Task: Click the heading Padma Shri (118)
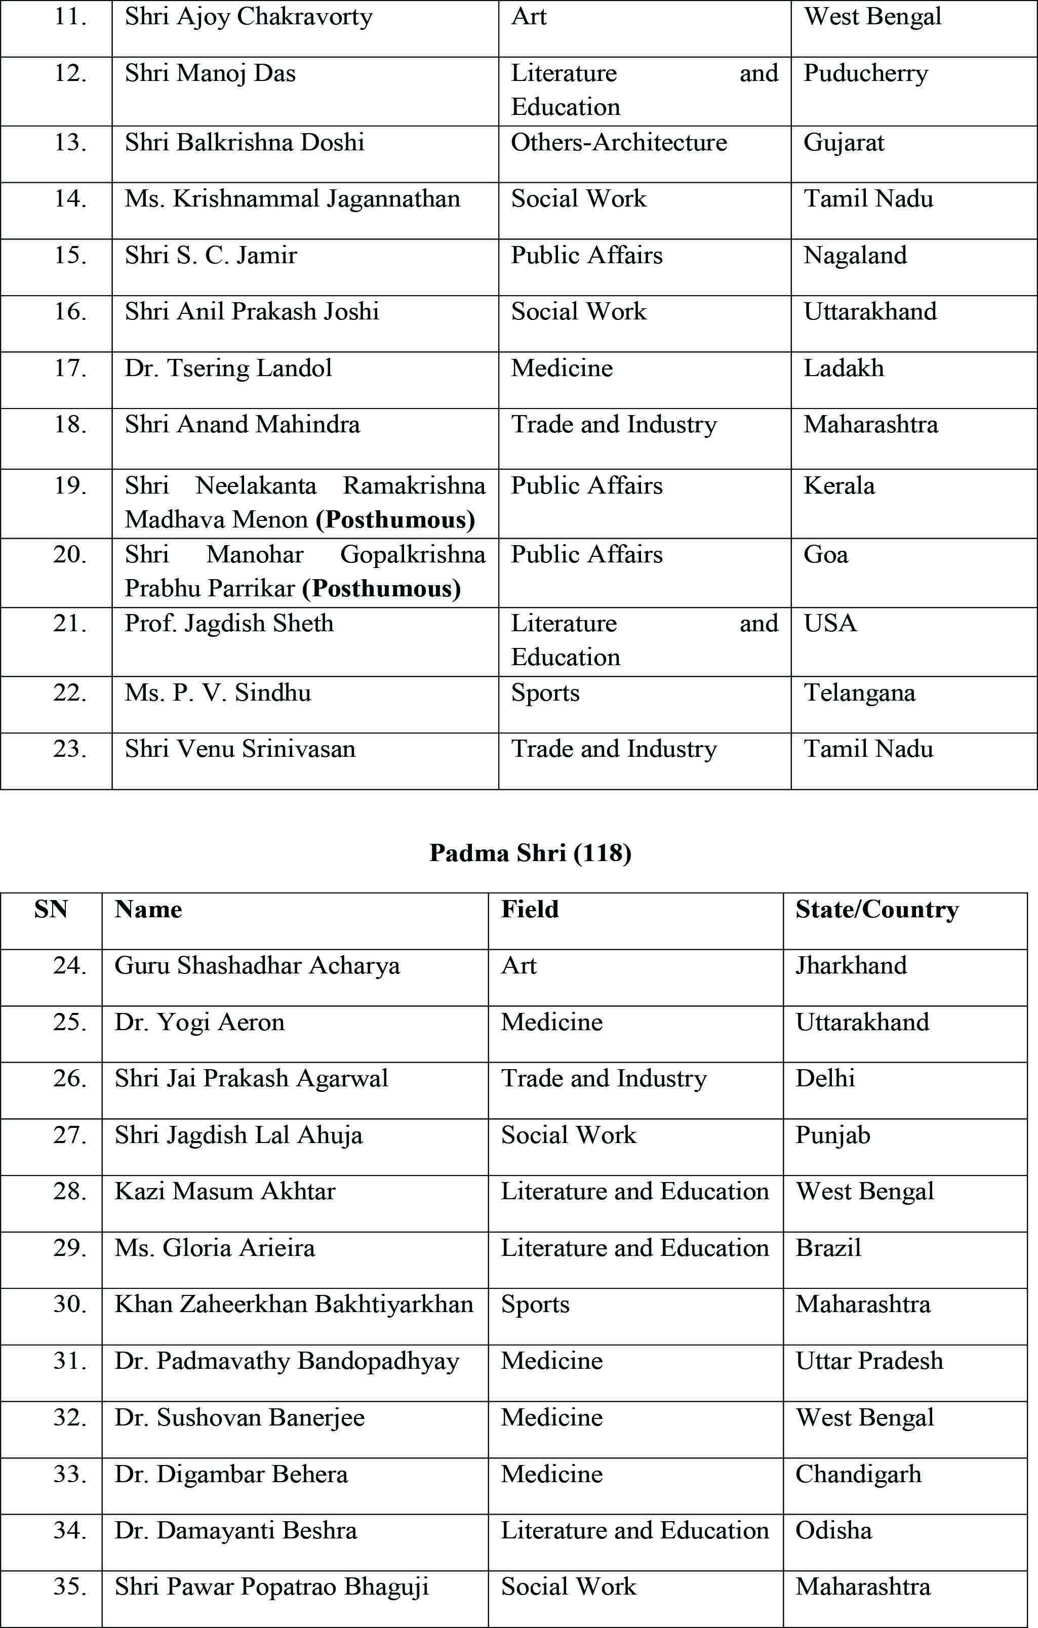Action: (x=530, y=853)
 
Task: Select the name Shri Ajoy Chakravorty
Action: (x=248, y=17)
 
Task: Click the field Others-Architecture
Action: (x=619, y=143)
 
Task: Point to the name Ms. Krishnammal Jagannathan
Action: (x=292, y=199)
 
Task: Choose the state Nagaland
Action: (x=855, y=256)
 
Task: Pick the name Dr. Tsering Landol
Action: (x=228, y=369)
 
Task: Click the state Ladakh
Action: (x=843, y=369)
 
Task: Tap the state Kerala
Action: (x=839, y=486)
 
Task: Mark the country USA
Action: (x=830, y=623)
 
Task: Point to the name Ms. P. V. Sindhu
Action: (x=218, y=693)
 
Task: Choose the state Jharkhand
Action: (x=851, y=966)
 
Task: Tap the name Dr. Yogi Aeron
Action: (x=199, y=1022)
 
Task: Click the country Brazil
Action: (x=828, y=1248)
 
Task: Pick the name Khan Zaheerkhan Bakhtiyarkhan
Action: (x=294, y=1304)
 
